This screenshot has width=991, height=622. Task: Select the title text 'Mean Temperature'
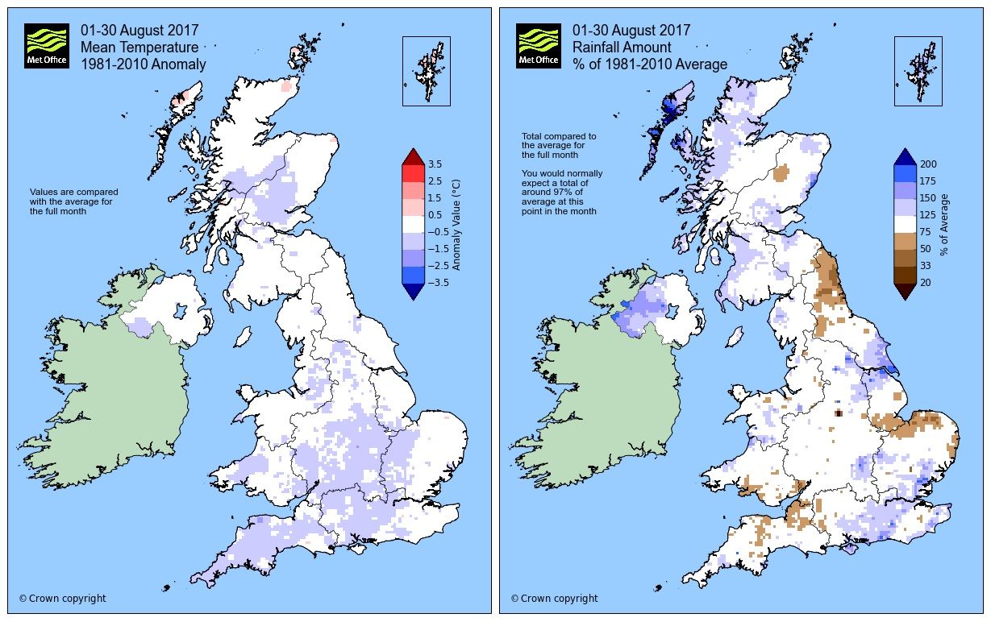[x=139, y=48]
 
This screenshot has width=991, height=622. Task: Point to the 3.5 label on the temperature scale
[x=435, y=164]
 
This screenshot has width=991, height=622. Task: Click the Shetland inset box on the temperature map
[x=426, y=71]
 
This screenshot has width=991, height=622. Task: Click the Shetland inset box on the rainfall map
[x=918, y=71]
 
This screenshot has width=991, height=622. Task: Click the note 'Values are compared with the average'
[x=73, y=201]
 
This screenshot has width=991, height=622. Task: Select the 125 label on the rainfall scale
[x=926, y=215]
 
